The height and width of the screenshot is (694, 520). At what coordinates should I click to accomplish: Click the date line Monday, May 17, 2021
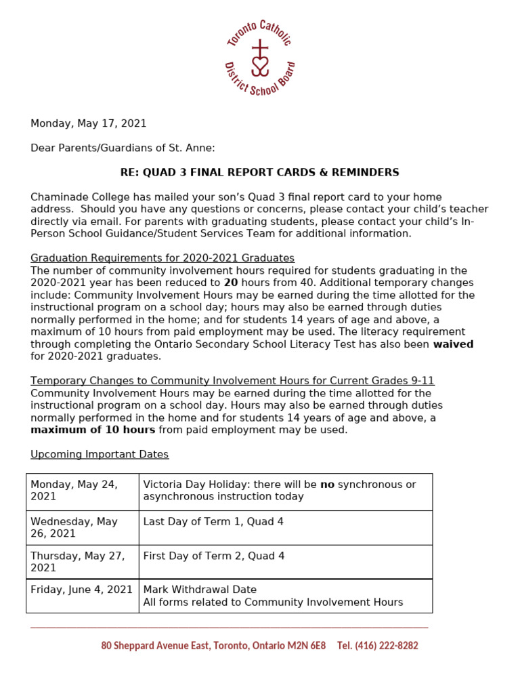point(88,123)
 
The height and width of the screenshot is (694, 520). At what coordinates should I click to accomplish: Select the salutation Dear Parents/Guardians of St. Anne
point(123,148)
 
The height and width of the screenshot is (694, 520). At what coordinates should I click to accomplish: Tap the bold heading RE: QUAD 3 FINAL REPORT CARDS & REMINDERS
point(259,172)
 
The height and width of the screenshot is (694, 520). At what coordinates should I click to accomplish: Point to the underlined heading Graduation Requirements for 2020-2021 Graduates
point(162,258)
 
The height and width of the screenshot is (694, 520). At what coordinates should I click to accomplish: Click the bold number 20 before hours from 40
point(230,283)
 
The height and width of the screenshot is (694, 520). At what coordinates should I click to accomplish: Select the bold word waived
point(453,344)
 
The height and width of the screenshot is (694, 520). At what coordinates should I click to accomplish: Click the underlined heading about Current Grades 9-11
point(232,381)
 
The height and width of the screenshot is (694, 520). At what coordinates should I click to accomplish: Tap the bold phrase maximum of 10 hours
point(93,430)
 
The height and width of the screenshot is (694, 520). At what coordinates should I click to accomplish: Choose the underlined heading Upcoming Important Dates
point(100,454)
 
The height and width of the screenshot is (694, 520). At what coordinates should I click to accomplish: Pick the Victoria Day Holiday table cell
point(285,491)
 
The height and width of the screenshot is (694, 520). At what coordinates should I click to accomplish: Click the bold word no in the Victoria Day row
point(327,485)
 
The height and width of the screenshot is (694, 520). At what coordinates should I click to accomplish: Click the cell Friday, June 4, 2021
point(82,590)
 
